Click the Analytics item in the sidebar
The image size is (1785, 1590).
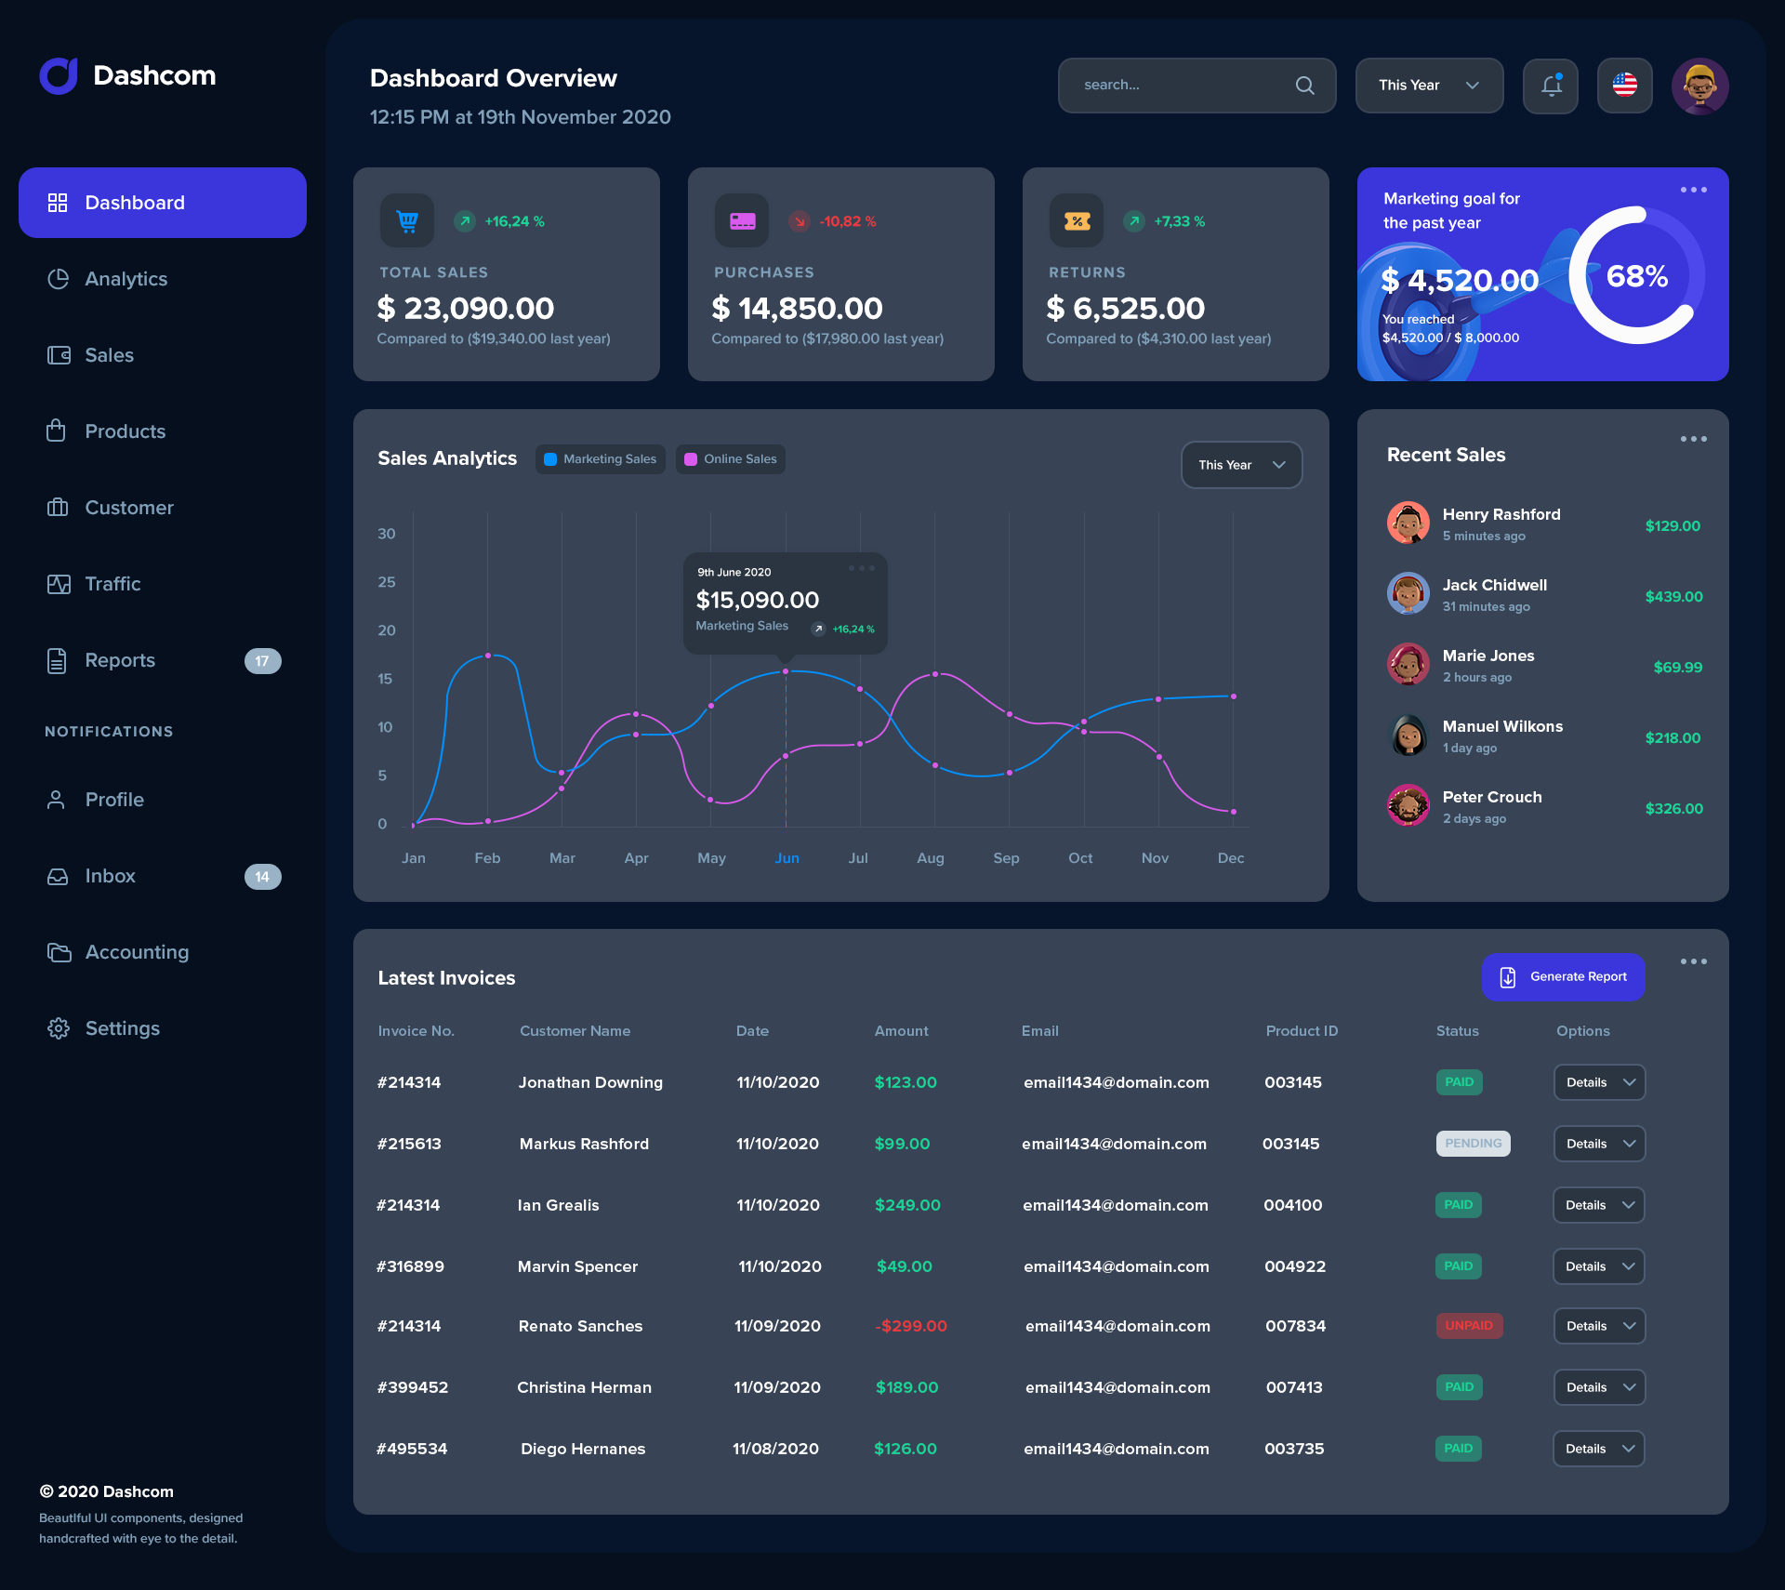[126, 279]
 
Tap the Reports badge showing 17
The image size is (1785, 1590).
[262, 661]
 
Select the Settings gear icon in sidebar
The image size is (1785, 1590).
[59, 1028]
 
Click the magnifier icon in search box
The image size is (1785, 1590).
[1304, 86]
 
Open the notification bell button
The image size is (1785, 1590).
[1550, 86]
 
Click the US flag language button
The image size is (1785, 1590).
[1624, 86]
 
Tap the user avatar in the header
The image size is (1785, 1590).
[1699, 86]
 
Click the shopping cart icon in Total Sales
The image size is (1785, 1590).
[407, 220]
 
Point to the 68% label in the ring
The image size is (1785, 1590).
[1636, 276]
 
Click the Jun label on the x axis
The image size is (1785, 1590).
[787, 858]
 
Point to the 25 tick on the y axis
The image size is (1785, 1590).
[386, 582]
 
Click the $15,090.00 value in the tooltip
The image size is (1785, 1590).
[757, 600]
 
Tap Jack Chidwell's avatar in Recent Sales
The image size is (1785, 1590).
[1408, 593]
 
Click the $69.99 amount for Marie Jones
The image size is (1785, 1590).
[1677, 668]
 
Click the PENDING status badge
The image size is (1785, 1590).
[1473, 1144]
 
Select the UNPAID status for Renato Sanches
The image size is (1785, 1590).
[1468, 1326]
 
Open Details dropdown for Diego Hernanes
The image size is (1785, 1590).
[1598, 1449]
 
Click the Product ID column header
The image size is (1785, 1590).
[1301, 1031]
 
